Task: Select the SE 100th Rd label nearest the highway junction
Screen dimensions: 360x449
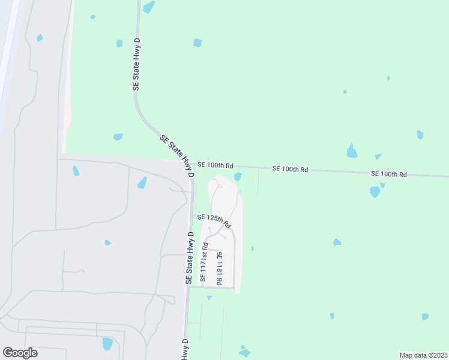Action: point(215,165)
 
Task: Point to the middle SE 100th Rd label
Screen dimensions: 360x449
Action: point(290,170)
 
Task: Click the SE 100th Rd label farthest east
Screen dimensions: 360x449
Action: point(389,174)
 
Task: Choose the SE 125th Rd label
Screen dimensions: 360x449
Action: point(214,220)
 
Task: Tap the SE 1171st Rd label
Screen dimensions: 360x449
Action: point(203,263)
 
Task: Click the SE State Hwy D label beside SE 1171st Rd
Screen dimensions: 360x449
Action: point(189,257)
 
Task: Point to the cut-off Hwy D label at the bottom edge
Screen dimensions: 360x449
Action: point(185,350)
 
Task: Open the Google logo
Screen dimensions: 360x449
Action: point(20,353)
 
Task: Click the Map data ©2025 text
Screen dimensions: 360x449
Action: point(424,355)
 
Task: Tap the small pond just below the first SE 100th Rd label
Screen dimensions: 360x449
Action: point(238,176)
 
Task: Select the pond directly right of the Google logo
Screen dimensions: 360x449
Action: point(107,344)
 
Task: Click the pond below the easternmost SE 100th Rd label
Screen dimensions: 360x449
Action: point(375,192)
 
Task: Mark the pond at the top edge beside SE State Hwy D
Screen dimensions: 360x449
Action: point(149,7)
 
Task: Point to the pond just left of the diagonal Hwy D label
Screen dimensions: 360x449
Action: point(118,137)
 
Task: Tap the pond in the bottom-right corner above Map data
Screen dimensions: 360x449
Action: point(425,316)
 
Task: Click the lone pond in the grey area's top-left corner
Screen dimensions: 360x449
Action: point(40,38)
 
